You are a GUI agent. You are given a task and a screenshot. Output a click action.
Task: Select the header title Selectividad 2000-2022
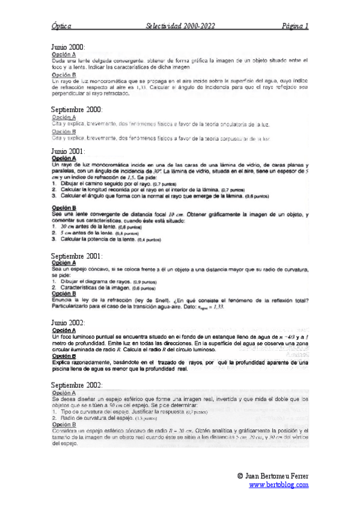(180, 26)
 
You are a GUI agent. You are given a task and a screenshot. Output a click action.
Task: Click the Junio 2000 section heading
(68, 47)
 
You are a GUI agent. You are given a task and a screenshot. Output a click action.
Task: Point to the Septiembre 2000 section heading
(77, 109)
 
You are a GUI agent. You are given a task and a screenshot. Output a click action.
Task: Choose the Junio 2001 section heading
(68, 151)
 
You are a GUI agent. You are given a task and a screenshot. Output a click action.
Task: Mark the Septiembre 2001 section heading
(77, 256)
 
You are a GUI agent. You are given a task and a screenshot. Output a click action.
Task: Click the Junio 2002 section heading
(68, 323)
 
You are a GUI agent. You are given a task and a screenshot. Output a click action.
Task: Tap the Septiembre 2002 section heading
(77, 385)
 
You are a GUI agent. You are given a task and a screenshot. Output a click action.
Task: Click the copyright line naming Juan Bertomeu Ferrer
(273, 476)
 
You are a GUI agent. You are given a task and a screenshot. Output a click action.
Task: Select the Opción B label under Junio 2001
(64, 208)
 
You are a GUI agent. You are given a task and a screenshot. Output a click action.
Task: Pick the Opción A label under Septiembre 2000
(64, 117)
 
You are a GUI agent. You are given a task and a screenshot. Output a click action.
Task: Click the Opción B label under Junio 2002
(64, 355)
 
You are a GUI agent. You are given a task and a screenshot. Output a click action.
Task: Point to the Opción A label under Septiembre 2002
(64, 393)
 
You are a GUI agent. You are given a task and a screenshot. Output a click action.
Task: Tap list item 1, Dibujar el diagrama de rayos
(90, 281)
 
